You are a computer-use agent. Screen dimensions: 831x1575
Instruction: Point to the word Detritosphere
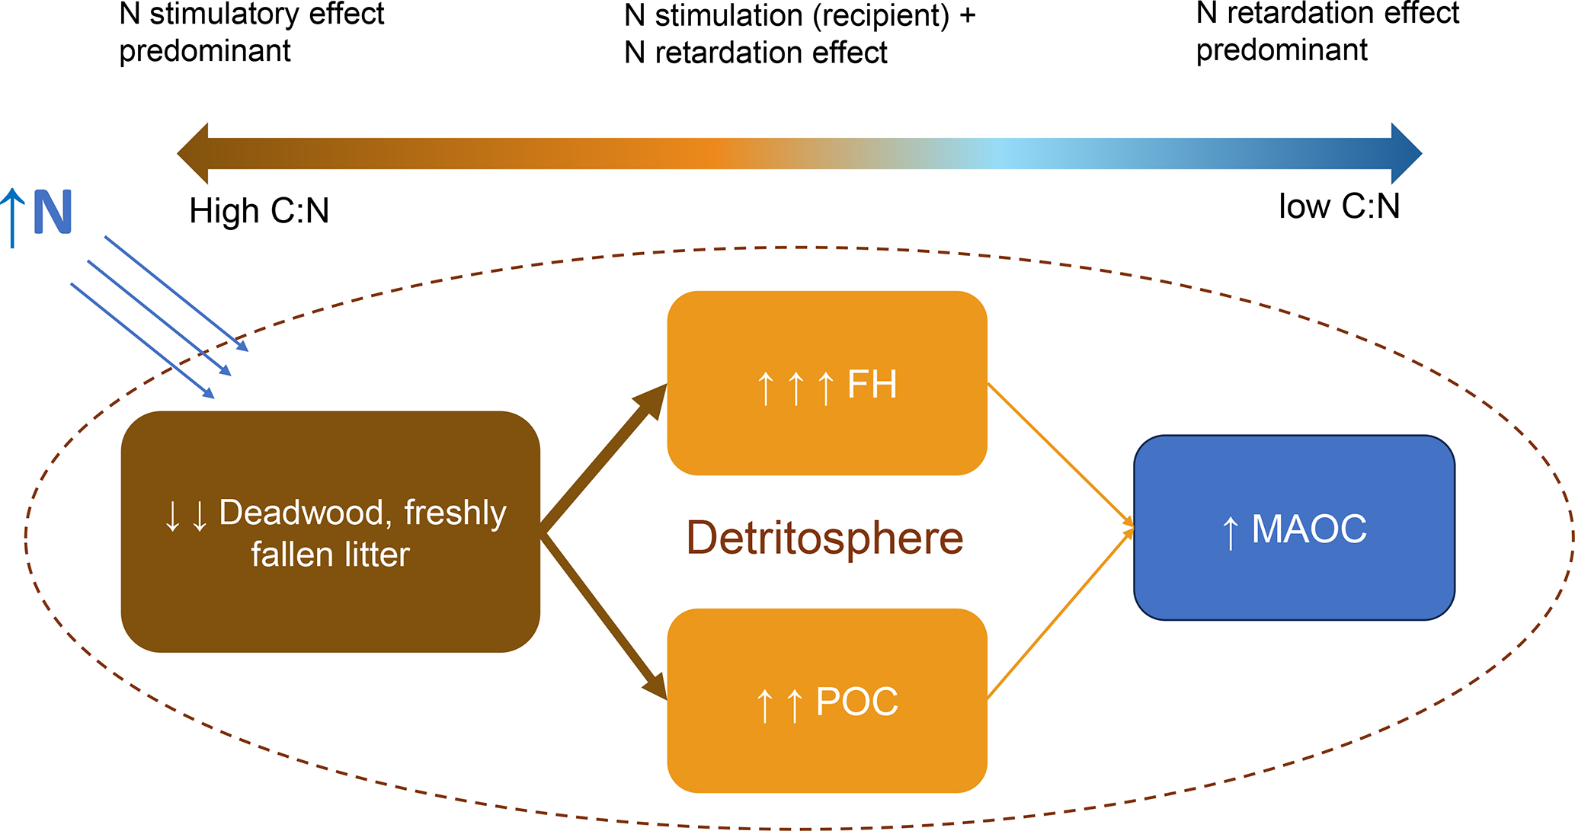tap(824, 538)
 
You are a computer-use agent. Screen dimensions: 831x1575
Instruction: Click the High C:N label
tap(259, 211)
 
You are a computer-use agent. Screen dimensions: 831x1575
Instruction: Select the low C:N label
tap(1339, 206)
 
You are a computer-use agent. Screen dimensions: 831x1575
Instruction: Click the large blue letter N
tap(53, 213)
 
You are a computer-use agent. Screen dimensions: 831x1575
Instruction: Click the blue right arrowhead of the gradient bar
tap(1405, 153)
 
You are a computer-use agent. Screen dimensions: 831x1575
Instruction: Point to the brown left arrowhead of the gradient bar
tap(194, 154)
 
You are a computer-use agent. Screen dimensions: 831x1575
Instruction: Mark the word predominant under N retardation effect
tap(1282, 50)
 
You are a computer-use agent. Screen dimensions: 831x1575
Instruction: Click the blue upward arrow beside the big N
tap(12, 218)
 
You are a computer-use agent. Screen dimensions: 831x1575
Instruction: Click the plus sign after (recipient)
tap(967, 17)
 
